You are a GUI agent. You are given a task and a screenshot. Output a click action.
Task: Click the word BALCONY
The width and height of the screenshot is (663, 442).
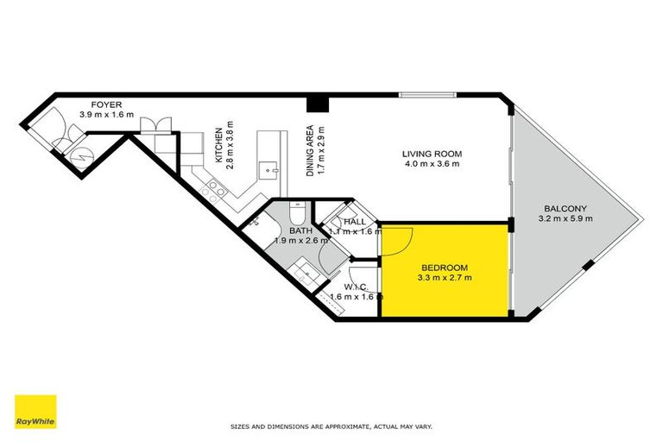565,208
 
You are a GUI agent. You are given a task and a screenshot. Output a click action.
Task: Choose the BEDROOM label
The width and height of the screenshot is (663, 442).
445,267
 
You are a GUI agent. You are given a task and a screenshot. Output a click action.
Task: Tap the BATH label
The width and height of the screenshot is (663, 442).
300,230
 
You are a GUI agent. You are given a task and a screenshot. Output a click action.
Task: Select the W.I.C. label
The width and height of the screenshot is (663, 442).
355,287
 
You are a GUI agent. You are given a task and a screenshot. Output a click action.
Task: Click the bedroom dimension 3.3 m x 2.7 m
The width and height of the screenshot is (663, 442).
445,278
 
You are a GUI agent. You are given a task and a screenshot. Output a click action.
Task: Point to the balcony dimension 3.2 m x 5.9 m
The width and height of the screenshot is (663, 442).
565,219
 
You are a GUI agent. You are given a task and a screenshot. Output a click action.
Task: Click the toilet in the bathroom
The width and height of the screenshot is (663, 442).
295,212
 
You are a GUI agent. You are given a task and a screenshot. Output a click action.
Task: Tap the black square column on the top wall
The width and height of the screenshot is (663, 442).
319,104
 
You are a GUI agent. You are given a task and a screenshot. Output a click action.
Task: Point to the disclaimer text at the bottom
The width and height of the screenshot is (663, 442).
331,426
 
